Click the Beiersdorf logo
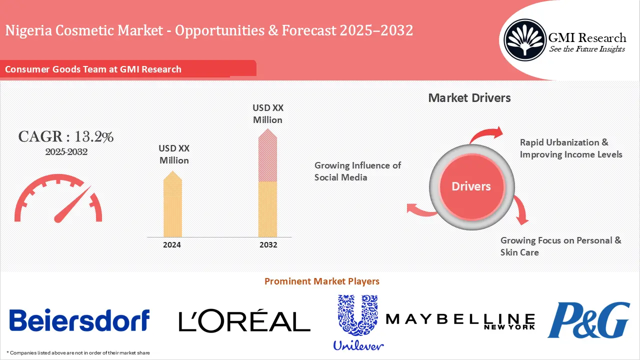(x=79, y=320)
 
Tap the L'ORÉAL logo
(x=244, y=321)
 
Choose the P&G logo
(x=588, y=320)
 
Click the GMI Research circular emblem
(x=524, y=39)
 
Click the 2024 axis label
(x=172, y=245)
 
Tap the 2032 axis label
(x=268, y=245)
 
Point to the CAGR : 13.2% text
(x=66, y=137)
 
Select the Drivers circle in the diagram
(x=471, y=186)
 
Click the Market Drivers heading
(x=469, y=97)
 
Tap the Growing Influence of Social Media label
(x=357, y=171)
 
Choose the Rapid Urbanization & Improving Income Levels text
(x=571, y=148)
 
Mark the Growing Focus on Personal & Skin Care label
(x=560, y=246)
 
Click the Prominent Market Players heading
(x=322, y=281)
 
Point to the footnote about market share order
(x=78, y=353)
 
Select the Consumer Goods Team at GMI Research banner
(x=93, y=69)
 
